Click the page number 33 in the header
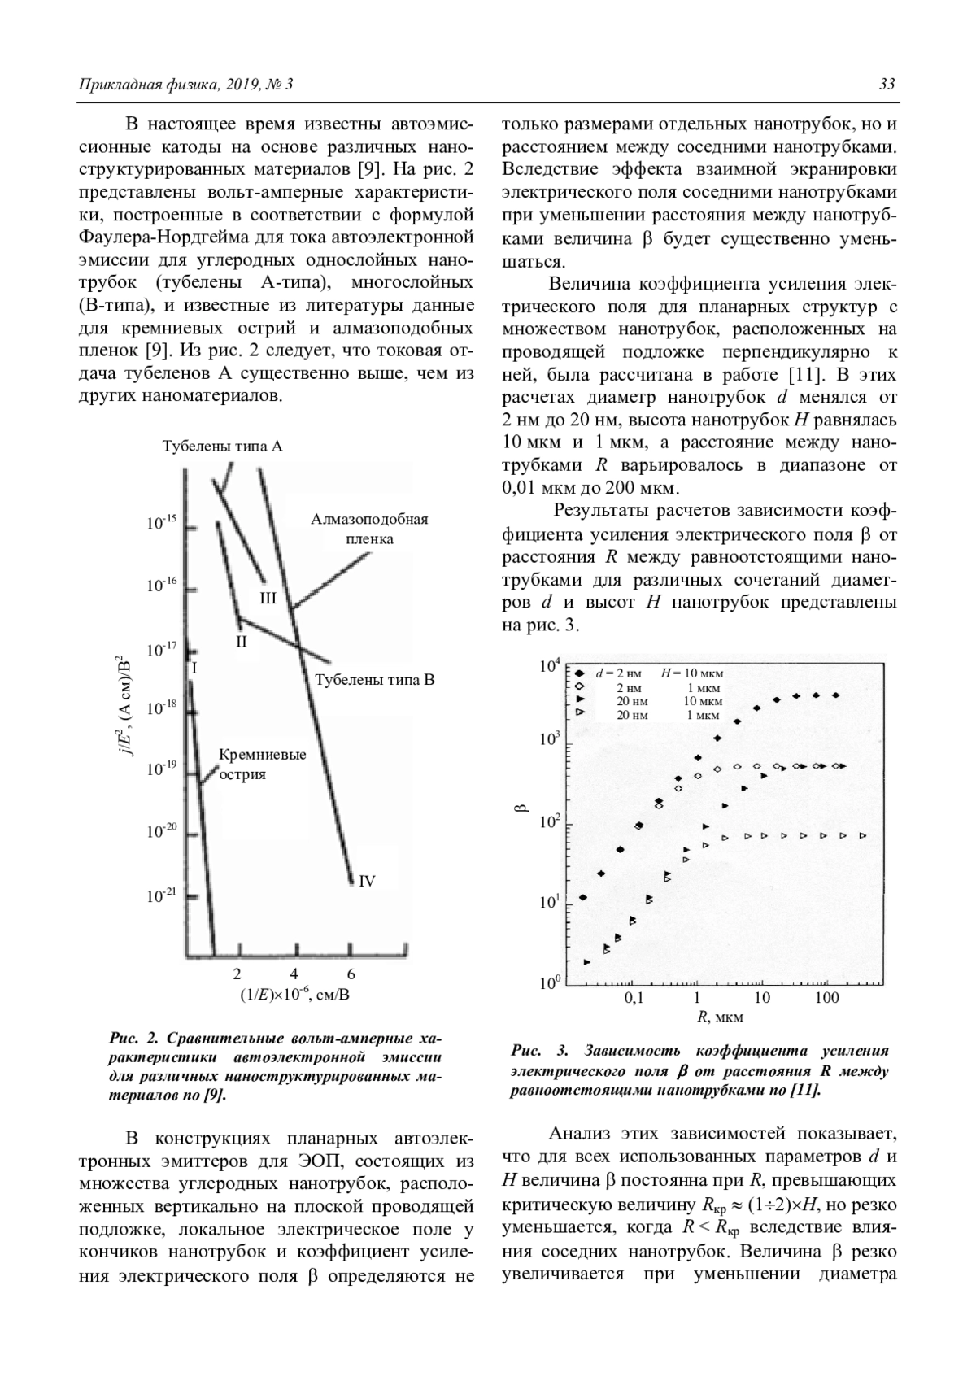(887, 85)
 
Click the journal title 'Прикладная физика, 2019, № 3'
(185, 85)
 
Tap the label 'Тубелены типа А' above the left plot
(222, 447)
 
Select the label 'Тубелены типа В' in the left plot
(375, 679)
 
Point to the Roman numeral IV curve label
(367, 880)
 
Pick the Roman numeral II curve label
(241, 641)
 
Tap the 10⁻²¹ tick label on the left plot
(161, 895)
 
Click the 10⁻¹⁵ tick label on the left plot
(161, 523)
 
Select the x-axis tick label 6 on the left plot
(351, 974)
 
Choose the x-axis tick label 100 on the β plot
(827, 998)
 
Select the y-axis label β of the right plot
(522, 808)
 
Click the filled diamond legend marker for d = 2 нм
(578, 673)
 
